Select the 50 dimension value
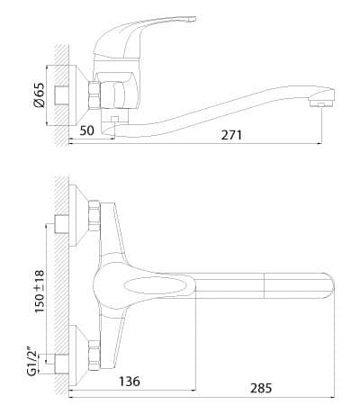point(87,130)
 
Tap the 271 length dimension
point(231,135)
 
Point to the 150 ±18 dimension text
point(40,291)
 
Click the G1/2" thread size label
point(31,361)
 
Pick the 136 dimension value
point(130,381)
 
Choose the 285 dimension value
point(261,388)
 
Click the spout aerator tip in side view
point(321,104)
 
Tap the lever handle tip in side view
point(190,19)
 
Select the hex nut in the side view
point(94,94)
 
